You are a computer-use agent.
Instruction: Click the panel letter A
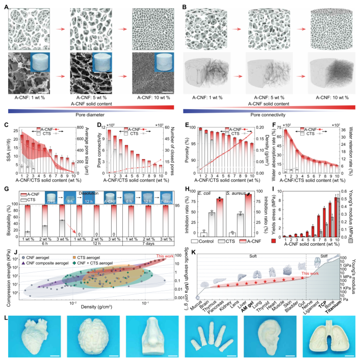pyautogui.click(x=6, y=4)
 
